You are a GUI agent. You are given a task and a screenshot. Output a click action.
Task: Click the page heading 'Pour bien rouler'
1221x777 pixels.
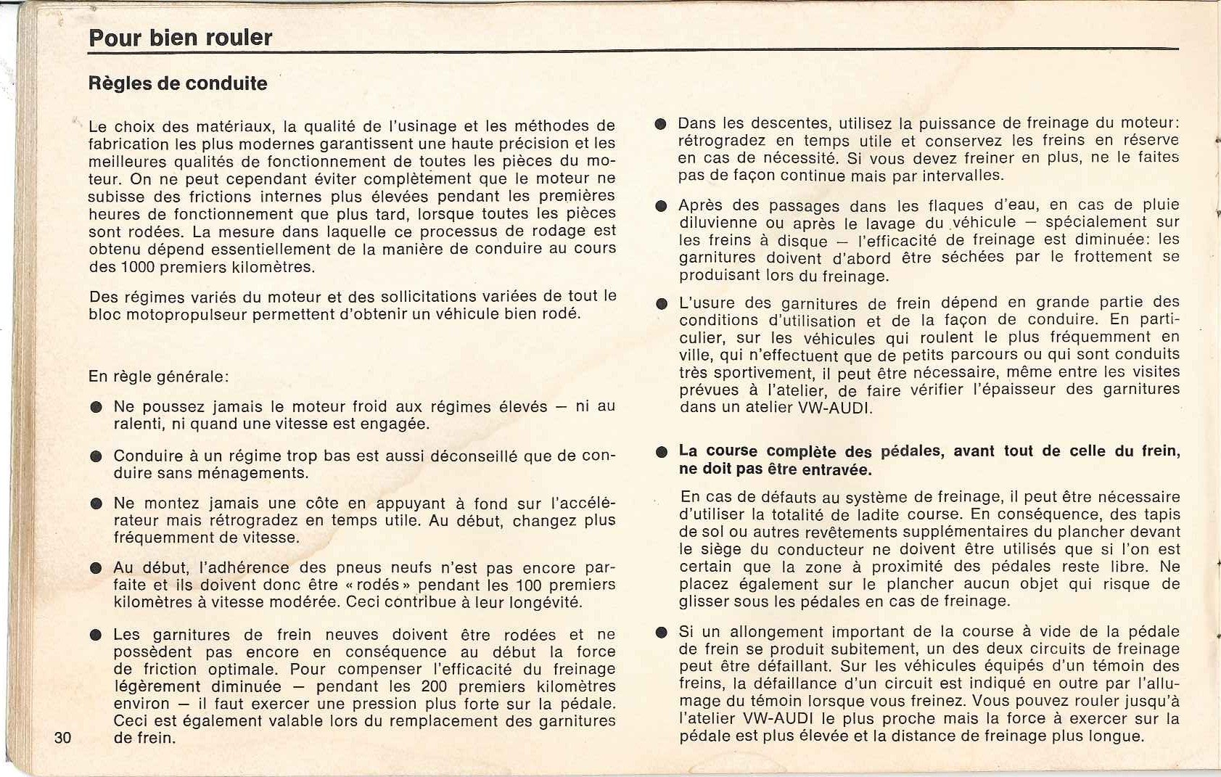tap(180, 37)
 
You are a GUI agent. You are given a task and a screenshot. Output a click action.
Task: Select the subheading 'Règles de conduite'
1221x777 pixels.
tap(178, 83)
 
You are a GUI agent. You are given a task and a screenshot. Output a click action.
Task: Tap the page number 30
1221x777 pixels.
tap(62, 738)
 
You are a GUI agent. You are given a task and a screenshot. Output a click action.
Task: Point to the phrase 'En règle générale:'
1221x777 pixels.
tap(159, 377)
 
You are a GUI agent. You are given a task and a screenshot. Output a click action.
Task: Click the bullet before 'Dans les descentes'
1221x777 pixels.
tap(660, 123)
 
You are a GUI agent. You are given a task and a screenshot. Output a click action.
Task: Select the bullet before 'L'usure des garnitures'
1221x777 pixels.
tap(660, 304)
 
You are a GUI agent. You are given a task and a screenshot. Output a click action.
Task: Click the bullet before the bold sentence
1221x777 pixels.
tap(660, 452)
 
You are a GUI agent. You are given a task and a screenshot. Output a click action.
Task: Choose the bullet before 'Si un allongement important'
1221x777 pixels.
tap(660, 632)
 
